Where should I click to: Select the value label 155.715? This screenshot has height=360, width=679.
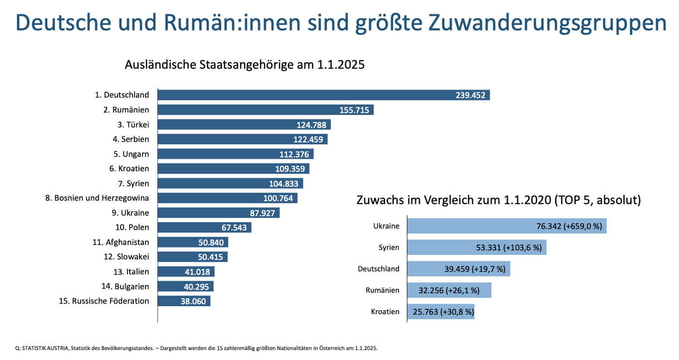(x=354, y=110)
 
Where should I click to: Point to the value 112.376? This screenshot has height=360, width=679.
(x=294, y=154)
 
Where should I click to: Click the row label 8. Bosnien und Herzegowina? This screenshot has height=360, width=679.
(x=97, y=198)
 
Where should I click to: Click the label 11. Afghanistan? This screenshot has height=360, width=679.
(x=121, y=242)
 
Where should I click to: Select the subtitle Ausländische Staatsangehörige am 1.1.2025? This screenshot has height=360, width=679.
(x=245, y=65)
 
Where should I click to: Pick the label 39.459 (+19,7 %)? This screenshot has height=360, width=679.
(x=475, y=269)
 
